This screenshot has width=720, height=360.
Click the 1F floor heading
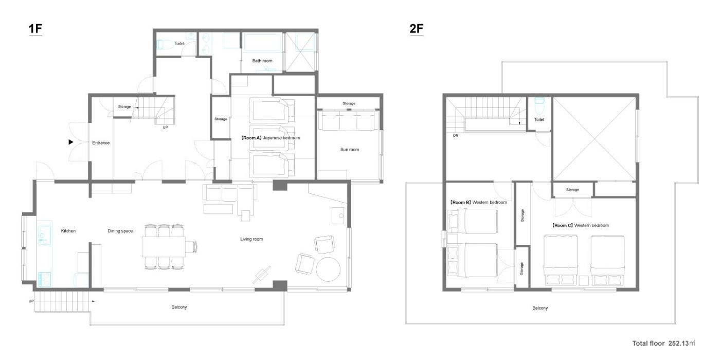35,29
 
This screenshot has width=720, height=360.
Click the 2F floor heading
416,29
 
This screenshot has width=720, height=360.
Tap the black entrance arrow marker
71,142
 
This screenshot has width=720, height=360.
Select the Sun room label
350,150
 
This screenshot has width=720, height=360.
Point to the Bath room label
262,61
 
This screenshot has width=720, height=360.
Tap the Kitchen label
68,231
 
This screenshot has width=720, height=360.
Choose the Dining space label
120,231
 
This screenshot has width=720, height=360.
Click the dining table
164,247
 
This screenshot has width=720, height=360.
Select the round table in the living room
328,269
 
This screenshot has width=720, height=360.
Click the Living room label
251,239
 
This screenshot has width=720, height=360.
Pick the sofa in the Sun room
349,120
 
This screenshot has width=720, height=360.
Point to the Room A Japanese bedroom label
271,138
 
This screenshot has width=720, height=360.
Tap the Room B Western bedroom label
478,203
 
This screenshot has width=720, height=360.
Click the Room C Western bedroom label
580,226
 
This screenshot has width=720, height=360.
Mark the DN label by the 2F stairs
456,136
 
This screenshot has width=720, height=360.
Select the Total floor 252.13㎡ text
663,344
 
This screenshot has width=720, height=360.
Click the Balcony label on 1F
179,307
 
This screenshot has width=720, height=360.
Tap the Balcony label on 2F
540,308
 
